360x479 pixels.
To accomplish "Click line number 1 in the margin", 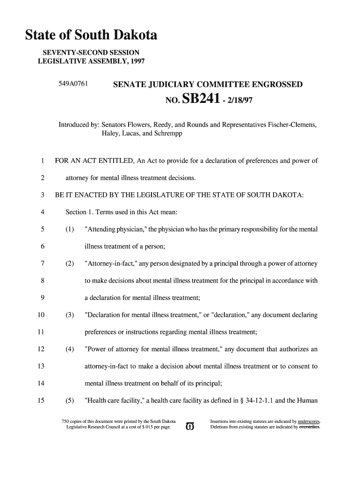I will [42, 161].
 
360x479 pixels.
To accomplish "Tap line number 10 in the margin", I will [41, 315].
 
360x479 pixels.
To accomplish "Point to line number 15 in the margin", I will [41, 400].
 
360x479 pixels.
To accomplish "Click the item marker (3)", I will [70, 315].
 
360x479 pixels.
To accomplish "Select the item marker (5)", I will [70, 400].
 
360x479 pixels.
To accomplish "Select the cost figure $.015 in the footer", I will [140, 427].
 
